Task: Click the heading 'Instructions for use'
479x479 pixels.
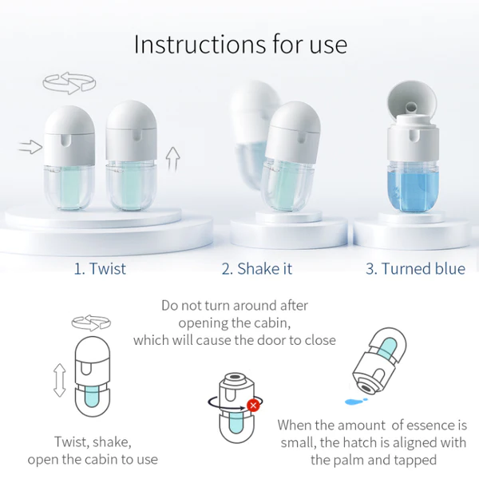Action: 240,45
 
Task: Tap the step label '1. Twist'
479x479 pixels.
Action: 100,269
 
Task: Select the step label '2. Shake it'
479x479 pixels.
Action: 256,269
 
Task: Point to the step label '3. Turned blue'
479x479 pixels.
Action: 415,269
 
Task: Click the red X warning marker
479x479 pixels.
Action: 253,406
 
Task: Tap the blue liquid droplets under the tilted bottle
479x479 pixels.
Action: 356,401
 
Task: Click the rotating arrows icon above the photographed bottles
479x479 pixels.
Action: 69,83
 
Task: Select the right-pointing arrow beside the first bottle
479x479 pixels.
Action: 30,147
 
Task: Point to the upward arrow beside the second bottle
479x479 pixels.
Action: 172,159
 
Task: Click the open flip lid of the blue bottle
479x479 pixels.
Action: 412,101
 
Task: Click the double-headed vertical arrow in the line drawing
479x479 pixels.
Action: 60,380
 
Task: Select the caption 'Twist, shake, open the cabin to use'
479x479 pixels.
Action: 93,450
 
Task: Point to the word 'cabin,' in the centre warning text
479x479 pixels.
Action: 272,323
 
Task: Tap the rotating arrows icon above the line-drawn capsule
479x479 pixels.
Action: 91,323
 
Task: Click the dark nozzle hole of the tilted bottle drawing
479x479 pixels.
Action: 365,388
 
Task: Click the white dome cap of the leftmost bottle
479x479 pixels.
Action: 69,121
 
